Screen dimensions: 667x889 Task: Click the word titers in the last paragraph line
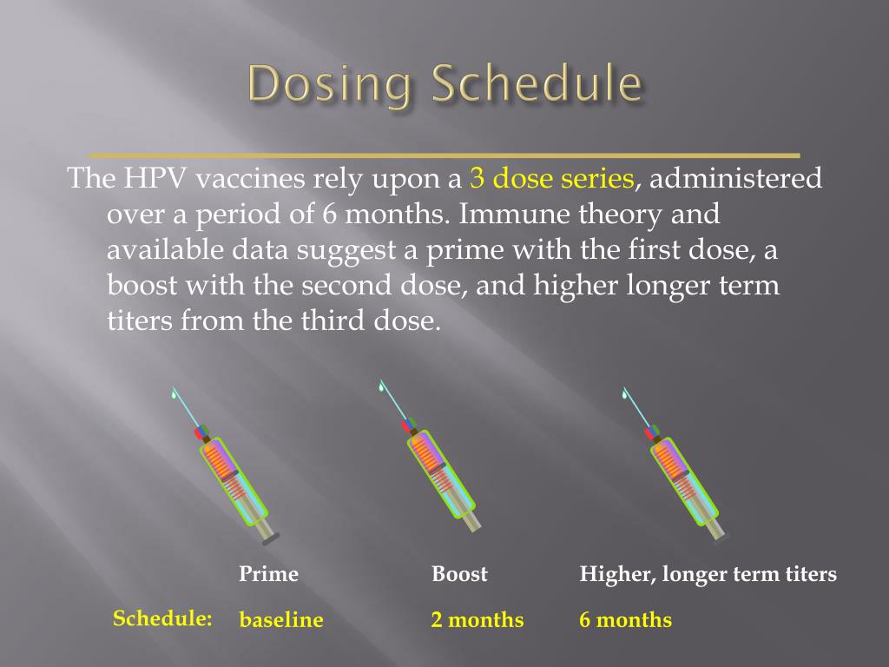coord(140,321)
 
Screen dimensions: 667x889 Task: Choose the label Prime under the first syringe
coord(268,574)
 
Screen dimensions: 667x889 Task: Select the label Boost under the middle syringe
coord(459,574)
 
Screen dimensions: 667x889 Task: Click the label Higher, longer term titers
coord(708,575)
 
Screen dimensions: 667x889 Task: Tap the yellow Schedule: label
coord(162,618)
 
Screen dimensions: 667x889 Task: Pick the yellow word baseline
coord(281,620)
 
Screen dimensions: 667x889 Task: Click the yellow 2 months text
coord(477,620)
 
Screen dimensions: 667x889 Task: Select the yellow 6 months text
coord(625,620)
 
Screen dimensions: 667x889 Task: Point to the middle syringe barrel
coord(439,473)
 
